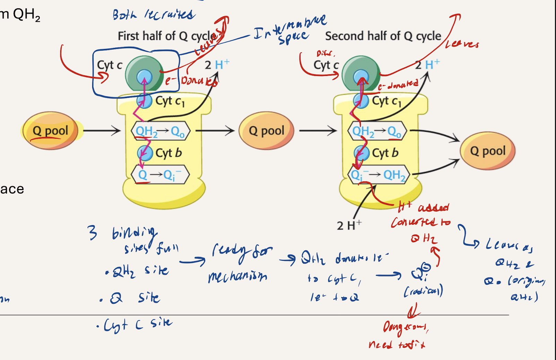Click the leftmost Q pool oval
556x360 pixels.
tap(50, 130)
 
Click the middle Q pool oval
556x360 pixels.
tap(266, 130)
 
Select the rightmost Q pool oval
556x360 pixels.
tap(487, 151)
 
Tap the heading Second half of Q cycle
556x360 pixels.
tap(383, 36)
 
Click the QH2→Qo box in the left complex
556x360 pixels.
tap(160, 131)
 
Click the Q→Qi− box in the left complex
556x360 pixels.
tap(160, 174)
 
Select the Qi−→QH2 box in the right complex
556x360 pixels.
tap(379, 174)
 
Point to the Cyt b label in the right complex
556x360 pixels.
tap(385, 153)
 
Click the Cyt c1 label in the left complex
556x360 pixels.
tap(170, 101)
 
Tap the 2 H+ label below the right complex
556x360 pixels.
tap(348, 225)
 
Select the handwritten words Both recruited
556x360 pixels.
tap(154, 15)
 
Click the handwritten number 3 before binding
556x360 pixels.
tap(92, 232)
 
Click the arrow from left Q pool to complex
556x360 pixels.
tap(102, 131)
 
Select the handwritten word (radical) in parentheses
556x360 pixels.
tap(423, 291)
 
